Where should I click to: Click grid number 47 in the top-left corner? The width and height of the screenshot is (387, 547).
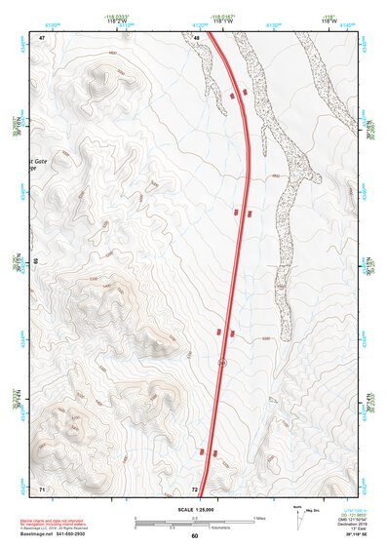point(42,37)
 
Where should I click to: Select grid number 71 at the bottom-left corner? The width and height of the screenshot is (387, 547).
point(42,487)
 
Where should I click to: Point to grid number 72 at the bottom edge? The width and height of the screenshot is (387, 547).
point(195,488)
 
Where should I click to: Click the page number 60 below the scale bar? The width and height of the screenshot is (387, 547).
point(194,536)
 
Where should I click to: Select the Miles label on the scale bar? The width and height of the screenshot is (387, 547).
point(259,517)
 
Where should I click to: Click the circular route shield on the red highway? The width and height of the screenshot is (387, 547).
point(222,363)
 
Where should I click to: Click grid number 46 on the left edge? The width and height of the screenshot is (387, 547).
point(35,261)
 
